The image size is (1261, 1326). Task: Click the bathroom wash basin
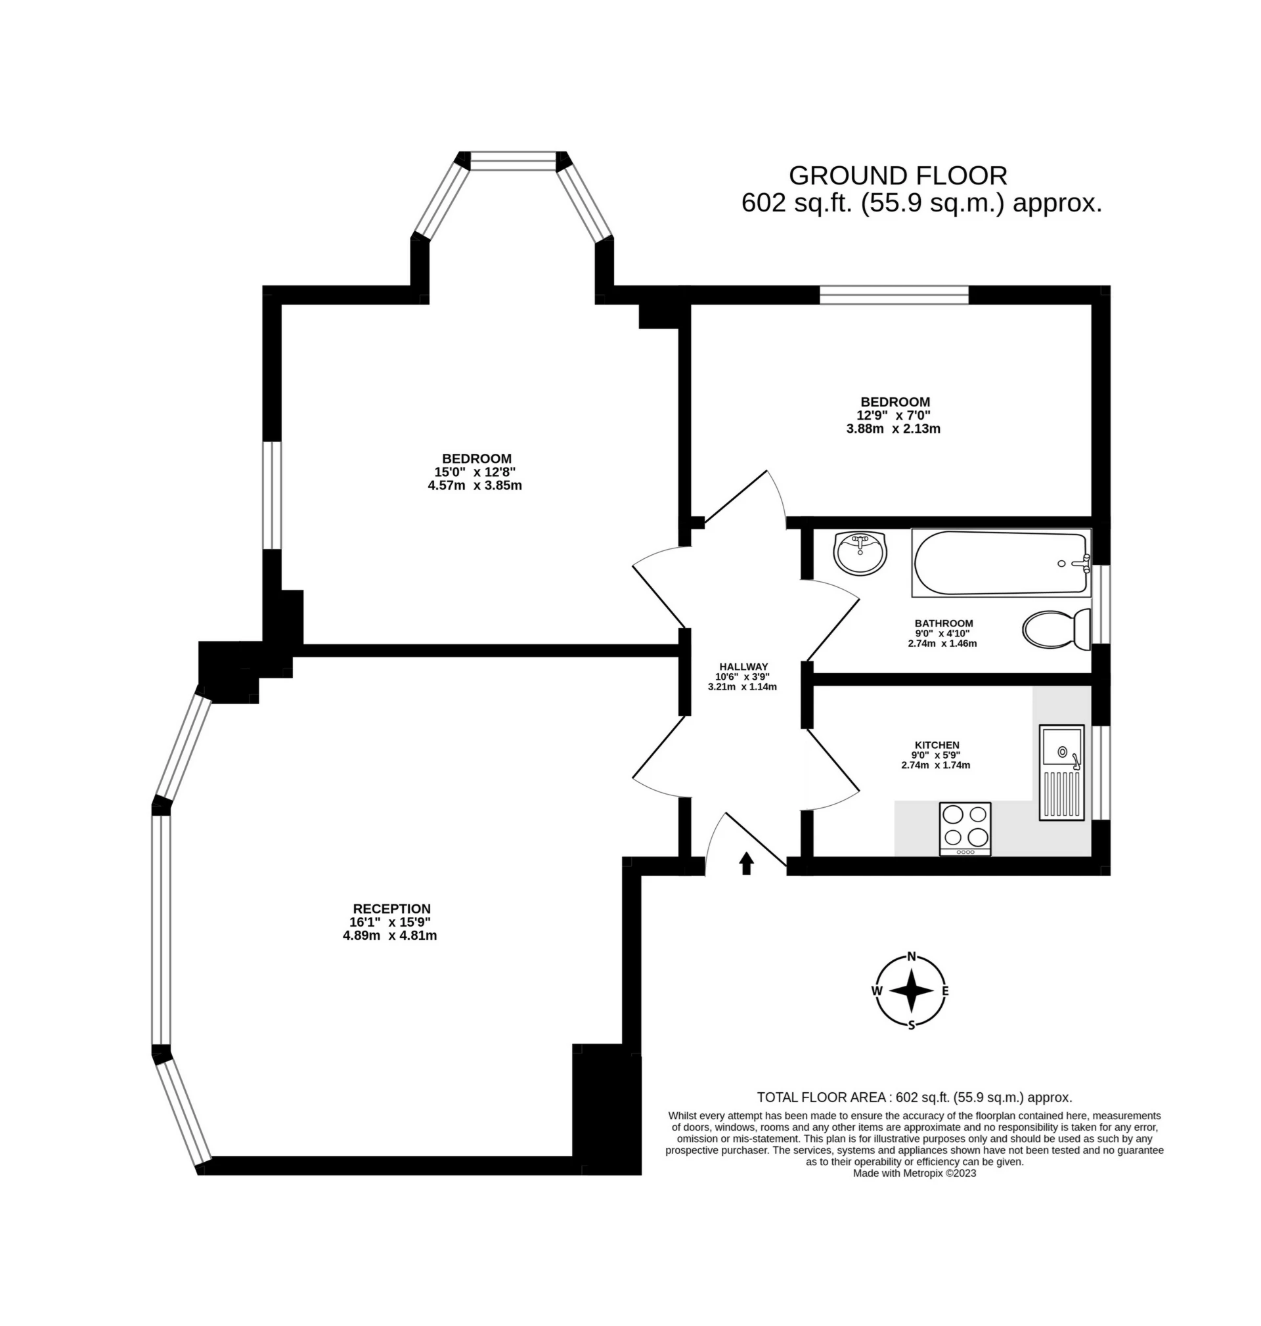[x=860, y=553]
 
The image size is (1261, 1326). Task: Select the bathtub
[x=1001, y=564]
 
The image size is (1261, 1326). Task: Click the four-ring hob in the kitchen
[x=965, y=829]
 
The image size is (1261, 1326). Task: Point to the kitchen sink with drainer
[x=1062, y=773]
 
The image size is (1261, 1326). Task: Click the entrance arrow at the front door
[x=746, y=863]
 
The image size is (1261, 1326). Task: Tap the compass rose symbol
[x=912, y=990]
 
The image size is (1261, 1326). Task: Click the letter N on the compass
[x=912, y=956]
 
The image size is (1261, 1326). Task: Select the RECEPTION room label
[x=392, y=909]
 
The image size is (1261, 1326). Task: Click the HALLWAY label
[x=743, y=667]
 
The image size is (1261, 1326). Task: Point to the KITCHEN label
[x=937, y=745]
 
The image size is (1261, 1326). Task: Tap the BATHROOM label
[x=944, y=623]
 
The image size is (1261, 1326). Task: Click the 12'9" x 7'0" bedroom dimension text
[x=893, y=415]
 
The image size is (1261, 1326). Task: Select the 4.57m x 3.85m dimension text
[x=475, y=485]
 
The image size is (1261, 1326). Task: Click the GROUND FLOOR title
[x=898, y=175]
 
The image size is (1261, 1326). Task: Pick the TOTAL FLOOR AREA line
[x=915, y=1097]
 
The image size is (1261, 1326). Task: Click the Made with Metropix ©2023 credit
[x=914, y=1174]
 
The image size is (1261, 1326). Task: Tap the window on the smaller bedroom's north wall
[x=894, y=294]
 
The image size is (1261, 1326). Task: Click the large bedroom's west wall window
[x=271, y=495]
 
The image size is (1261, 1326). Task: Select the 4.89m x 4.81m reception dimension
[x=390, y=935]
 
